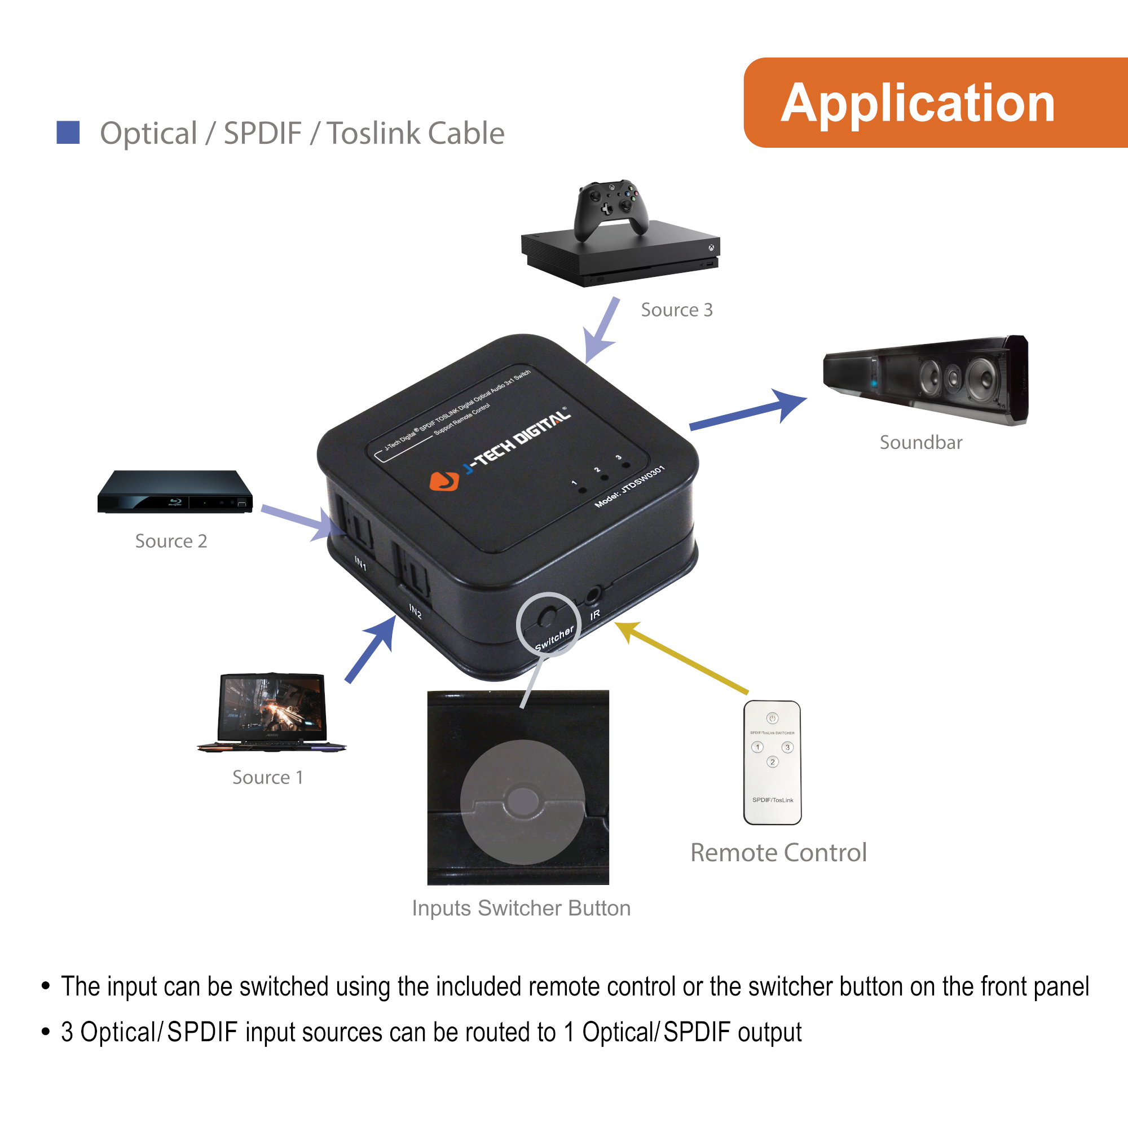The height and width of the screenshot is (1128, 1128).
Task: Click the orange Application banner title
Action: (x=917, y=103)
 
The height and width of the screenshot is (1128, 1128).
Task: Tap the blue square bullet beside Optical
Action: (x=68, y=133)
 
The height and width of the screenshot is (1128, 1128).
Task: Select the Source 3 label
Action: (x=676, y=310)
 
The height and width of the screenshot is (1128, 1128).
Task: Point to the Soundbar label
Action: (x=921, y=443)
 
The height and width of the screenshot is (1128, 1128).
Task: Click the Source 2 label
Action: (x=171, y=541)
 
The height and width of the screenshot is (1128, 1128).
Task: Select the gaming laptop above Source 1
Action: (x=272, y=713)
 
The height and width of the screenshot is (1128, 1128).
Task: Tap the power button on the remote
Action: (x=772, y=718)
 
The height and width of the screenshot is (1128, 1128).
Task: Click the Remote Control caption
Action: (x=778, y=853)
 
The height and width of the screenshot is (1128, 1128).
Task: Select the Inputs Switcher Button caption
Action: (x=521, y=909)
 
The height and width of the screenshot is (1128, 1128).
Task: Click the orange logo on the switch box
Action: (x=444, y=481)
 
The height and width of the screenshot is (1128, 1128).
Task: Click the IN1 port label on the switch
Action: (x=361, y=563)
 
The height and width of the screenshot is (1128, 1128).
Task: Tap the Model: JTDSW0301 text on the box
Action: (x=629, y=486)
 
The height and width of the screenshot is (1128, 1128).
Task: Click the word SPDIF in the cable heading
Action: (x=263, y=133)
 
